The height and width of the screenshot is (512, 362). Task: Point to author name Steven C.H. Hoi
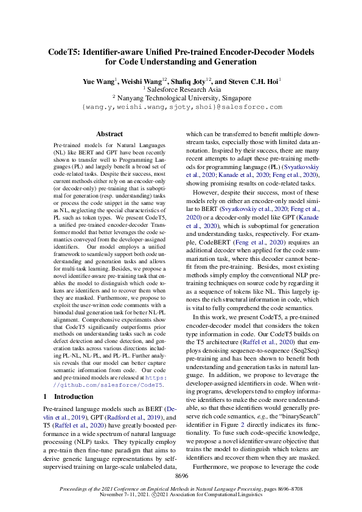pyautogui.click(x=252, y=81)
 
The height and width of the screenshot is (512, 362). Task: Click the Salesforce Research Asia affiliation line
pyautogui.click(x=182, y=89)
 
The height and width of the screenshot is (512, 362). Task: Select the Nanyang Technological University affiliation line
pyautogui.click(x=182, y=97)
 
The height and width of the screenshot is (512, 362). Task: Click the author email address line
pyautogui.click(x=182, y=106)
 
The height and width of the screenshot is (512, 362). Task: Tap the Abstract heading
pyautogui.click(x=110, y=134)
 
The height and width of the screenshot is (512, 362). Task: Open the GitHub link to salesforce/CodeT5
pyautogui.click(x=110, y=385)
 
